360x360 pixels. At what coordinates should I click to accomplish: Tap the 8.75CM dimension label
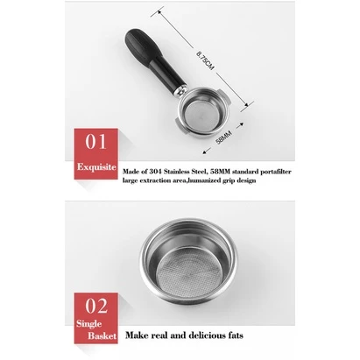pos(206,60)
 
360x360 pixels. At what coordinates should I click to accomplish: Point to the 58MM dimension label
pos(223,138)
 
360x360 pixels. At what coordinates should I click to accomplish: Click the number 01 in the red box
pos(95,142)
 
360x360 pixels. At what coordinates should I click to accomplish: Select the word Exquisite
pos(96,167)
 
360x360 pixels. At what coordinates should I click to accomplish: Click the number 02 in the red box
pos(96,306)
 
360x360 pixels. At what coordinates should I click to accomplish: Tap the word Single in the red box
pos(89,324)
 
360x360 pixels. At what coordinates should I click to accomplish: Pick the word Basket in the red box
pos(102,335)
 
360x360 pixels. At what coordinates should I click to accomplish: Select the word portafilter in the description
pos(276,172)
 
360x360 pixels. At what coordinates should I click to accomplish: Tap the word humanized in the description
pos(204,180)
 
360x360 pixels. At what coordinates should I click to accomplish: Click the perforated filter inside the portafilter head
pos(201,115)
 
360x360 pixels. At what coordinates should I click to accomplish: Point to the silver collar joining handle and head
pos(180,89)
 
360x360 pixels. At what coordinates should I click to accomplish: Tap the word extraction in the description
pos(156,180)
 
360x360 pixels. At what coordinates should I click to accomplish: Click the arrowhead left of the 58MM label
pos(206,151)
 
